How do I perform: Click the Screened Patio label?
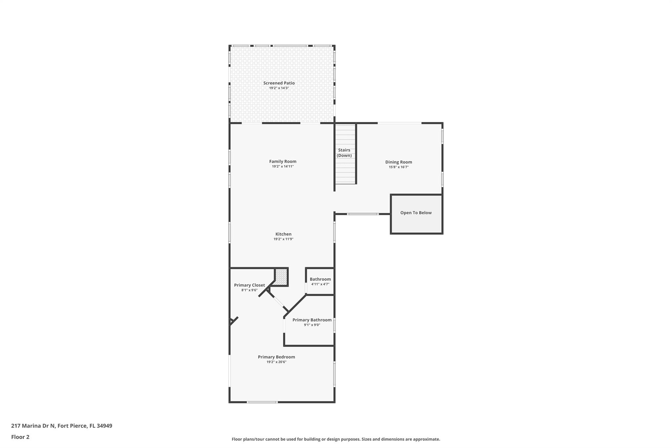pos(279,83)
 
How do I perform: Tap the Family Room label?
pos(283,161)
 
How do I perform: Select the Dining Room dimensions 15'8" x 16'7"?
pos(399,167)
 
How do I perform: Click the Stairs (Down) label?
pos(344,153)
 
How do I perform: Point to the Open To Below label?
pos(416,213)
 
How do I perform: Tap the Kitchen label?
pos(283,234)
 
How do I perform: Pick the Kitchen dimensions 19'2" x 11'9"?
pos(283,239)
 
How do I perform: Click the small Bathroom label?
pos(320,279)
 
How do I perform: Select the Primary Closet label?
pos(249,285)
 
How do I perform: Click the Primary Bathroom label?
pos(312,320)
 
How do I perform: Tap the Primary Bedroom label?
pos(276,357)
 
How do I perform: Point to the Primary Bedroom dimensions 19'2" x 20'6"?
pos(277,362)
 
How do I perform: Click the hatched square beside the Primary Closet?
pos(281,277)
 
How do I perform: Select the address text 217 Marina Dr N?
pos(33,426)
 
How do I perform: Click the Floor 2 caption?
pos(20,437)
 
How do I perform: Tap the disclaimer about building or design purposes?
pos(336,439)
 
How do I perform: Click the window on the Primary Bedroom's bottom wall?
pos(262,402)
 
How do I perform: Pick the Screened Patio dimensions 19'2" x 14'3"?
pos(279,88)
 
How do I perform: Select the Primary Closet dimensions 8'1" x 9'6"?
pos(249,290)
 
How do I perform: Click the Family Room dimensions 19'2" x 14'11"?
pos(283,166)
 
